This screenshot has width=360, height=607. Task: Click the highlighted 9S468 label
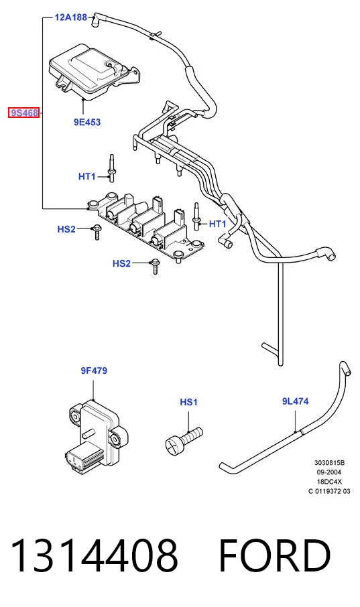click(x=24, y=113)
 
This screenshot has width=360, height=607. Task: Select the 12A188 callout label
click(x=70, y=17)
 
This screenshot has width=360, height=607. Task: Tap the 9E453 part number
click(x=87, y=123)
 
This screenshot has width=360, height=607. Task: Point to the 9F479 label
click(x=94, y=370)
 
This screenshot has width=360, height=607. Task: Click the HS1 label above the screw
click(x=189, y=402)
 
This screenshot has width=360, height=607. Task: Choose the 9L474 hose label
click(x=295, y=401)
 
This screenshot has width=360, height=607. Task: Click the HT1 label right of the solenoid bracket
click(x=217, y=224)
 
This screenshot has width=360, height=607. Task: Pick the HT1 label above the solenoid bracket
click(x=86, y=176)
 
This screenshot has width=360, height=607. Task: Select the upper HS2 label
click(x=66, y=229)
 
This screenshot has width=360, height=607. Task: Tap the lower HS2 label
click(x=121, y=263)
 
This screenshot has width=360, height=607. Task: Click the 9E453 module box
click(x=94, y=71)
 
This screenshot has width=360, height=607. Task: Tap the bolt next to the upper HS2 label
click(x=97, y=232)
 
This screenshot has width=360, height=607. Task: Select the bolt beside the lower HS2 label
click(x=155, y=266)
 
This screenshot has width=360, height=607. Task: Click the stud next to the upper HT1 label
click(x=111, y=167)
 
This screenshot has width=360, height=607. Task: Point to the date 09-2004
click(x=329, y=472)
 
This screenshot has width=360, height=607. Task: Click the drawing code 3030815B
click(x=329, y=462)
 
